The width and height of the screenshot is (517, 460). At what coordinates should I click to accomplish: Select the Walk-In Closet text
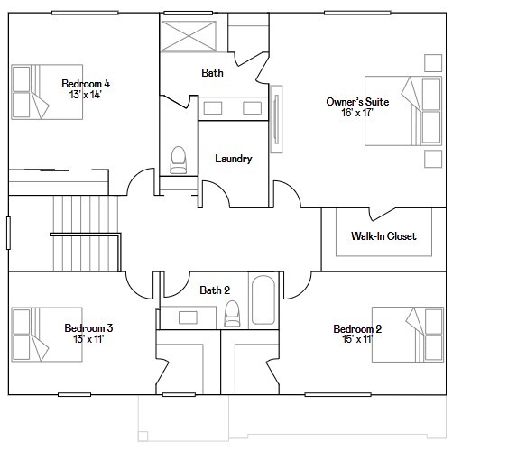point(383,236)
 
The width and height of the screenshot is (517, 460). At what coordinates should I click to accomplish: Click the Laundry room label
point(233,159)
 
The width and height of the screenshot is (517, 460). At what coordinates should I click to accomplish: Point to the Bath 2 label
point(215,290)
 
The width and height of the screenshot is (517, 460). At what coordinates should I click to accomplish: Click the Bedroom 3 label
point(88,327)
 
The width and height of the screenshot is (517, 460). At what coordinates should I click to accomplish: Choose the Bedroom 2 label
point(357,329)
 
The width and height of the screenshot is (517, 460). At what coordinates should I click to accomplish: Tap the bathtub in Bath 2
point(263,299)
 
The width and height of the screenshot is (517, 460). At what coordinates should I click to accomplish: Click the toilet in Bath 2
point(232,313)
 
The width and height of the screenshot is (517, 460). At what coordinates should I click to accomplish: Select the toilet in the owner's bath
point(178,159)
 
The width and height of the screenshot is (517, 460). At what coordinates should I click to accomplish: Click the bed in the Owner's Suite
point(420,110)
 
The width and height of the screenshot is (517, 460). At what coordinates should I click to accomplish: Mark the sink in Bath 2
point(189,317)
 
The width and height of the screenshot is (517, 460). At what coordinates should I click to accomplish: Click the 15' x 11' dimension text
point(357,340)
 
